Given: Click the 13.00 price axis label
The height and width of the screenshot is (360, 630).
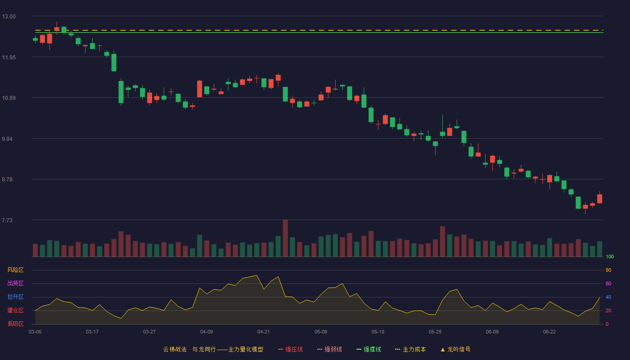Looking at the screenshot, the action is click(x=9, y=17).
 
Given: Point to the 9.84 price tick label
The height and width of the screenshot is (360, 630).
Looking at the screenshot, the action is click(x=7, y=139).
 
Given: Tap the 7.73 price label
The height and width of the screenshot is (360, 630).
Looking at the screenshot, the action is click(x=7, y=220).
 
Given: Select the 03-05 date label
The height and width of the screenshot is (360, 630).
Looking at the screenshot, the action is click(x=35, y=332).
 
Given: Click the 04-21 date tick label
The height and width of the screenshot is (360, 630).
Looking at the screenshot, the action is click(x=264, y=332).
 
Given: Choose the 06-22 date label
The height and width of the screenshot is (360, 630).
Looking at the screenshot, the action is click(x=549, y=332).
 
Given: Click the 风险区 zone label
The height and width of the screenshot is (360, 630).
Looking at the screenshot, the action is click(x=15, y=270).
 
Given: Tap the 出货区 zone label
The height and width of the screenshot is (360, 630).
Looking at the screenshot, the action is click(x=15, y=283).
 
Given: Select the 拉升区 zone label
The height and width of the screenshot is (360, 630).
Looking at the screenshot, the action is click(x=15, y=297).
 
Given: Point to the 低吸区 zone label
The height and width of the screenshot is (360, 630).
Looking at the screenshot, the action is click(x=15, y=324).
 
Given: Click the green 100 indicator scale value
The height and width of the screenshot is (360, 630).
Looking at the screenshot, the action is click(x=610, y=256).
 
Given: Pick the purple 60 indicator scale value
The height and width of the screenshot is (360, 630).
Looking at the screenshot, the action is click(x=608, y=283).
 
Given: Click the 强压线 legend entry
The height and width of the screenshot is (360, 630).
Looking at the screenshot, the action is click(x=290, y=349).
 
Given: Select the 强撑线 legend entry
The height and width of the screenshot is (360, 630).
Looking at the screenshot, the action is click(x=369, y=349).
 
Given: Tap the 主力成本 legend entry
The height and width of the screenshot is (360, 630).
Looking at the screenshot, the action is click(x=410, y=349).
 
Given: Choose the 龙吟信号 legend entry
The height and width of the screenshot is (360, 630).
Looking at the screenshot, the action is click(x=455, y=349).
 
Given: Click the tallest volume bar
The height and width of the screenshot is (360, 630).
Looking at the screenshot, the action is click(x=285, y=238).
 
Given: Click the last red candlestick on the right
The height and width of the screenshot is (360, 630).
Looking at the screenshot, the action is click(x=599, y=198).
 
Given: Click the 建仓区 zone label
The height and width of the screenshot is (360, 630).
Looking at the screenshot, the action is click(x=15, y=310).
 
